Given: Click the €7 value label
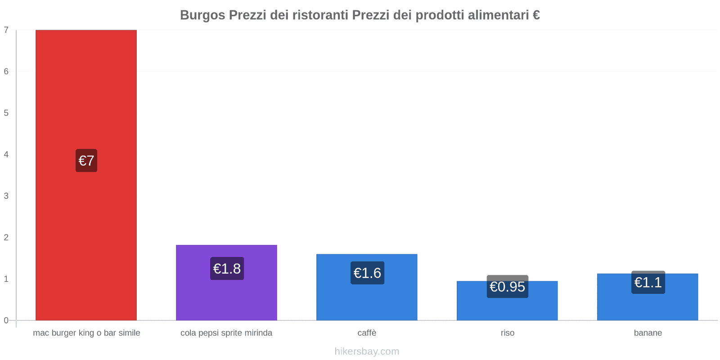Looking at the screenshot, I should pyautogui.click(x=86, y=161).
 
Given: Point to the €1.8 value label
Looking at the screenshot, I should pyautogui.click(x=227, y=269).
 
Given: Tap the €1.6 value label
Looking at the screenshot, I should pyautogui.click(x=367, y=273).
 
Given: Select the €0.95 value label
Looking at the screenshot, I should pyautogui.click(x=507, y=287).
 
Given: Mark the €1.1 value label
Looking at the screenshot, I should pyautogui.click(x=648, y=282).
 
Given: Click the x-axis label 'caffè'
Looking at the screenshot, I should pyautogui.click(x=367, y=333).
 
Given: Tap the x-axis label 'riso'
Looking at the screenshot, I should pyautogui.click(x=507, y=333).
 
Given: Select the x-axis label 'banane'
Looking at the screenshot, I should pyautogui.click(x=648, y=333).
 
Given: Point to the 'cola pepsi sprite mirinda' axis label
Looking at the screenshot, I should pyautogui.click(x=226, y=333).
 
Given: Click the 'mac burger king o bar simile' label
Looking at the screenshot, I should pyautogui.click(x=86, y=333).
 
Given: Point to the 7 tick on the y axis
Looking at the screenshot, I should pyautogui.click(x=6, y=30).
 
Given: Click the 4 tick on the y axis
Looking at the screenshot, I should pyautogui.click(x=6, y=154).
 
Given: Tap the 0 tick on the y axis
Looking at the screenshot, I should pyautogui.click(x=6, y=320).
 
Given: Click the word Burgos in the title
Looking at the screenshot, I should pyautogui.click(x=202, y=15).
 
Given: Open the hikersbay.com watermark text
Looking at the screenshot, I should pyautogui.click(x=367, y=351).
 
